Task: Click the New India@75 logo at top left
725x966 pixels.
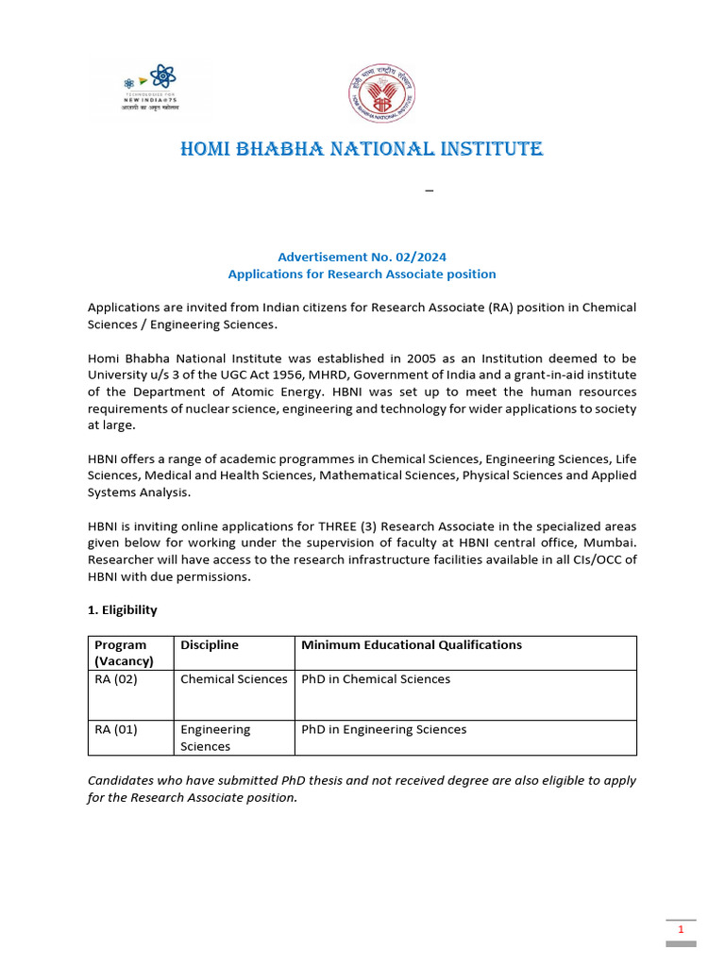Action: pyautogui.click(x=151, y=91)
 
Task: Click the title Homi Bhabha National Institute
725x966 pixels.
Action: pyautogui.click(x=362, y=149)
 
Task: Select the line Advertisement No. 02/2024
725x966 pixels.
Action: pyautogui.click(x=362, y=257)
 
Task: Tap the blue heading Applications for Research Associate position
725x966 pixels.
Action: pyautogui.click(x=362, y=274)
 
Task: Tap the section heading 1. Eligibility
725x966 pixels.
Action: pyautogui.click(x=123, y=610)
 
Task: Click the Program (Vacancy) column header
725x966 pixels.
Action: pyautogui.click(x=124, y=653)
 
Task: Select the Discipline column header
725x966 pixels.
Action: pyautogui.click(x=210, y=645)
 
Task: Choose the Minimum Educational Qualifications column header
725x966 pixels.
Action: pyautogui.click(x=411, y=645)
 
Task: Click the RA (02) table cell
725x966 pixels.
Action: pyautogui.click(x=116, y=679)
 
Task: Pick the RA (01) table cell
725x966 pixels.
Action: pyautogui.click(x=116, y=729)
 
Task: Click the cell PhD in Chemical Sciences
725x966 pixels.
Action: pyautogui.click(x=376, y=679)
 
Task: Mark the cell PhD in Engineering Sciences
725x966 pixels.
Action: pyautogui.click(x=383, y=729)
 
